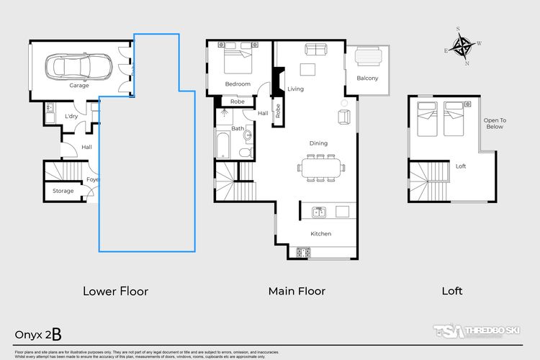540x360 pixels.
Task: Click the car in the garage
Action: click(x=79, y=68)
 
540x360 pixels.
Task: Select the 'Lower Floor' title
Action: click(x=115, y=292)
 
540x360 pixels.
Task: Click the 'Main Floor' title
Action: click(x=297, y=292)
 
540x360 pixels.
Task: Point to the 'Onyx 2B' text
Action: click(x=42, y=334)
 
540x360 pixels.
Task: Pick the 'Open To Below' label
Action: click(x=493, y=123)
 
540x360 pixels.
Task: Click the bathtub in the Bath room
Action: click(x=222, y=145)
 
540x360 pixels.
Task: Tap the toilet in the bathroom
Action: click(x=246, y=153)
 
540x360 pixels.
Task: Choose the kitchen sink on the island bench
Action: click(x=319, y=212)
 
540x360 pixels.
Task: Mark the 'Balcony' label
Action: click(x=367, y=78)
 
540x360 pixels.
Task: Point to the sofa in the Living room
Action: click(x=315, y=48)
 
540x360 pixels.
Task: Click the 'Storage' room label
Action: click(x=63, y=191)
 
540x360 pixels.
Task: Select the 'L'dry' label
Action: click(x=71, y=116)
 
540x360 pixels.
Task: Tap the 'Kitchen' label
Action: click(x=320, y=234)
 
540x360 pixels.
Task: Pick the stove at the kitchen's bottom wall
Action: click(x=302, y=253)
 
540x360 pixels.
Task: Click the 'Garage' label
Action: click(x=79, y=85)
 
